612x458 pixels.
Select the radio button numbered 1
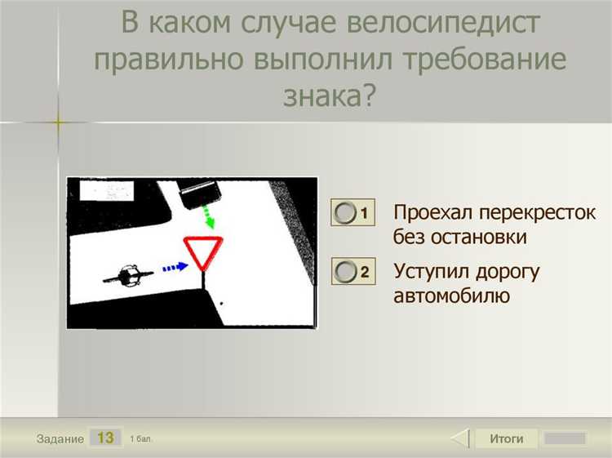[x=346, y=213]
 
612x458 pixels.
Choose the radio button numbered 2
[x=346, y=271]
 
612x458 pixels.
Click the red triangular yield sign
[x=202, y=252]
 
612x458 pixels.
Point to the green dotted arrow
[x=209, y=217]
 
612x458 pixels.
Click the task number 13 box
[x=105, y=438]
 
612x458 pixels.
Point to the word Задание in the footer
[x=60, y=439]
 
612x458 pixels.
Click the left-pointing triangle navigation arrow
[x=461, y=438]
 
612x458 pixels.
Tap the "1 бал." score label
[x=140, y=439]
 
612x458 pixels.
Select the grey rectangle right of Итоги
[x=565, y=438]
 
